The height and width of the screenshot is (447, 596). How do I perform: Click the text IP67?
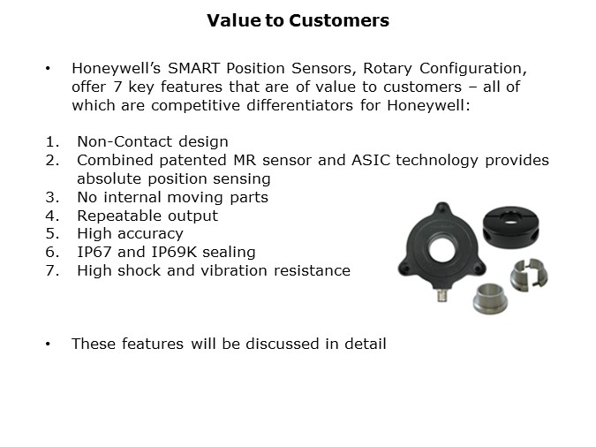(94, 252)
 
